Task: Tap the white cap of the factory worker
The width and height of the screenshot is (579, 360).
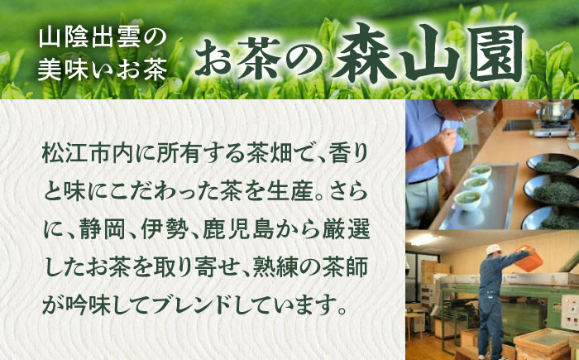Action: click(494, 249)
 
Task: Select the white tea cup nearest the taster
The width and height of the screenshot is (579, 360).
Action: click(467, 199)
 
